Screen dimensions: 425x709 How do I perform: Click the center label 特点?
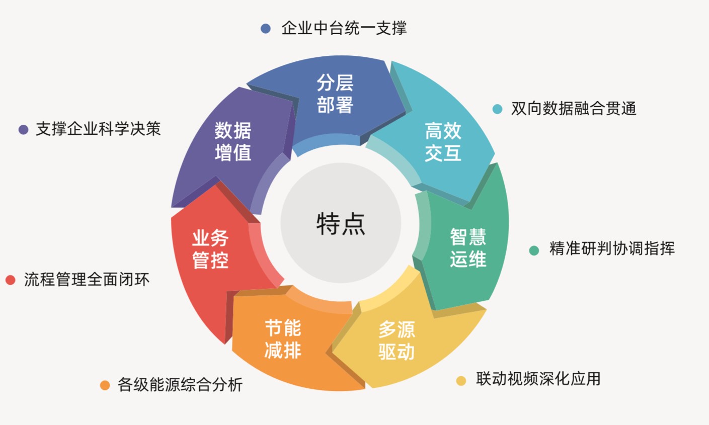341,224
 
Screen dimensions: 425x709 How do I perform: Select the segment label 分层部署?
335,94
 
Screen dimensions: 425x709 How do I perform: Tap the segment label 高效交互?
443,142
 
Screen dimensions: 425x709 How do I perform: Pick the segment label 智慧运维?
468,248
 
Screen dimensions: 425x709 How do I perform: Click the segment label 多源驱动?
397,341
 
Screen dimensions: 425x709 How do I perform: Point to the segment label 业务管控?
210,249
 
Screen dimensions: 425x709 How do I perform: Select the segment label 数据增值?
233,141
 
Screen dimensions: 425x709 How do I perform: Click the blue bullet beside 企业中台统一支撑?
266,29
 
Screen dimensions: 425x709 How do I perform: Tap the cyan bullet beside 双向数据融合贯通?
497,109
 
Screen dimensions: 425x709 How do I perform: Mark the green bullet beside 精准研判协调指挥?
534,250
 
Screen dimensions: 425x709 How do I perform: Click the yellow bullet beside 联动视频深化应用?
461,381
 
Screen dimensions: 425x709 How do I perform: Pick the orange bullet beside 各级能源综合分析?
105,386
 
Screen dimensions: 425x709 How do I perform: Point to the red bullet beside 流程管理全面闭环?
11,280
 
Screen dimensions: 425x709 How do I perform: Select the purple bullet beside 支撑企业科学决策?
23,130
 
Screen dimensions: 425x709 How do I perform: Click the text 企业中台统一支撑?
344,28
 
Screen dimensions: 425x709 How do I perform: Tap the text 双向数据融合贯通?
574,109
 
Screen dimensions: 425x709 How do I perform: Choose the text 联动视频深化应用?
538,379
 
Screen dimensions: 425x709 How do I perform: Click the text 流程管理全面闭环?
87,280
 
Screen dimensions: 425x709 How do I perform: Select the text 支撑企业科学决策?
98,129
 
